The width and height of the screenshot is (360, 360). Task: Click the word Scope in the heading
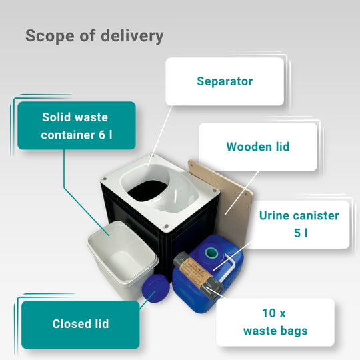point(50,36)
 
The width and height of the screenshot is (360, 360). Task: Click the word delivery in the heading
point(132,36)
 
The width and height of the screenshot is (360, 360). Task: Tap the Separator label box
point(225,81)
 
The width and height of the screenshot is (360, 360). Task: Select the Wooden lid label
point(258,147)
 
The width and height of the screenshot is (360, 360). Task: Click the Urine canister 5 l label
point(299,224)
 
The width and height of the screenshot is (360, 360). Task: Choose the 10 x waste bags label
point(275,322)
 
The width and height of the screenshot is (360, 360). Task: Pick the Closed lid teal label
point(81,325)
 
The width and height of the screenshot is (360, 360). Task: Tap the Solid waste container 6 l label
point(77,125)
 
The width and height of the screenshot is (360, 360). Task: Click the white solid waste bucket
point(123,259)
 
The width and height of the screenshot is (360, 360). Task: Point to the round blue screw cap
point(155,288)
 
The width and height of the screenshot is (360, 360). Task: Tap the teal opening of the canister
point(211,253)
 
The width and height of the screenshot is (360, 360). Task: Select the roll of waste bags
point(198,275)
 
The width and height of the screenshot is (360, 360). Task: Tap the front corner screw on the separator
point(167,226)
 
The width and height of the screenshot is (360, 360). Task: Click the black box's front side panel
point(135,213)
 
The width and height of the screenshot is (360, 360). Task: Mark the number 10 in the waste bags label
point(269,313)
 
